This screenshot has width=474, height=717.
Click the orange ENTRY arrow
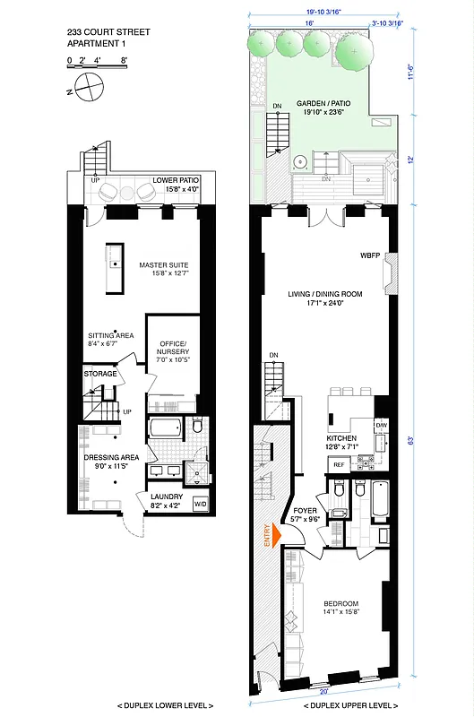pyautogui.click(x=275, y=534)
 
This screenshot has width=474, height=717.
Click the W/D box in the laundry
pyautogui.click(x=200, y=503)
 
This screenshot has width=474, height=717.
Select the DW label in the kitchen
pyautogui.click(x=381, y=425)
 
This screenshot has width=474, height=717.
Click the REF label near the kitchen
pyautogui.click(x=339, y=465)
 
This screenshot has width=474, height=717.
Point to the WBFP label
pyautogui.click(x=371, y=255)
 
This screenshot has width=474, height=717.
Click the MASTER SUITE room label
pyautogui.click(x=160, y=265)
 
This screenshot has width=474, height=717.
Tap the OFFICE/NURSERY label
pyautogui.click(x=173, y=349)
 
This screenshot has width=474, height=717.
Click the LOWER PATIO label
pyautogui.click(x=176, y=180)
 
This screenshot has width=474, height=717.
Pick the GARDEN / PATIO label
pyautogui.click(x=324, y=103)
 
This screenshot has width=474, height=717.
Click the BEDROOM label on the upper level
pyautogui.click(x=341, y=603)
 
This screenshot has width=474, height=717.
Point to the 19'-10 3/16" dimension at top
pyautogui.click(x=325, y=12)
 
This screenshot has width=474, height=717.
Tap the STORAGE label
pyautogui.click(x=100, y=373)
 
